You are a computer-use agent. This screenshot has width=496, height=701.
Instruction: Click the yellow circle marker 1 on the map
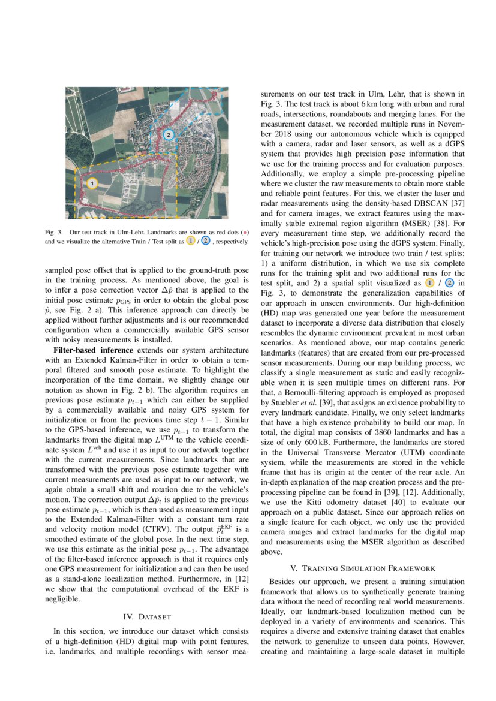point(92,183)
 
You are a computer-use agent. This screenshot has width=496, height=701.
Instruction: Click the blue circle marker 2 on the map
point(169,135)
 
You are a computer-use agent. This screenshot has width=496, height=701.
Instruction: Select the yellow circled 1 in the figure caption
point(191,241)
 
